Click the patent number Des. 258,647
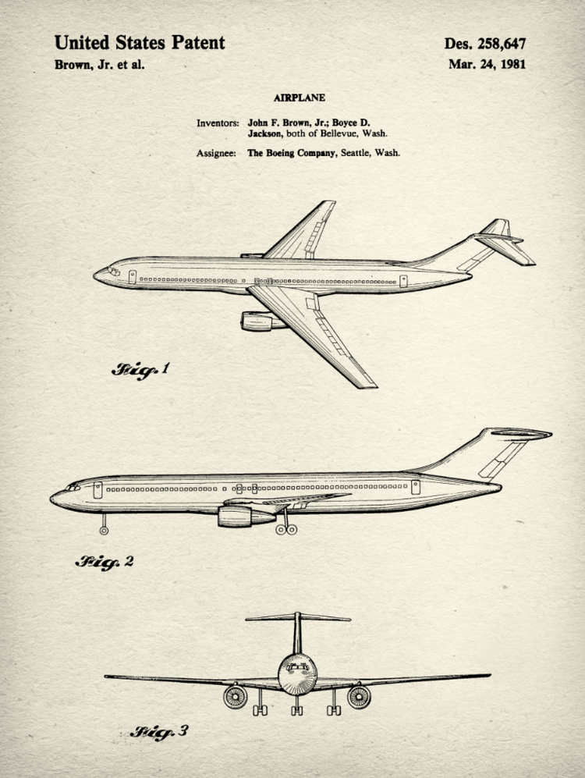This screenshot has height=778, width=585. coord(484,44)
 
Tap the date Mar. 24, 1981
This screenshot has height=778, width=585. coord(486,64)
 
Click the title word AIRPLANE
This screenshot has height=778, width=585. coord(300,98)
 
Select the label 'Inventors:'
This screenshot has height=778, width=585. coord(218,123)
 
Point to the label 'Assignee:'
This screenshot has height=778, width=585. coord(216,153)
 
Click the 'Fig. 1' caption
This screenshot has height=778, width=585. coord(140,369)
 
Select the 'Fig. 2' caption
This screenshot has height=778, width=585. coord(105,561)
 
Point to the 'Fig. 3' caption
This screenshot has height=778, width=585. coord(159,732)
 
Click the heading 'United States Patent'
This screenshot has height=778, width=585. coord(140,43)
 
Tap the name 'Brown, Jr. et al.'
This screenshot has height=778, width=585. coord(99,65)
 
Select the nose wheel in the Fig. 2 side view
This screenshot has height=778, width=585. coord(104,530)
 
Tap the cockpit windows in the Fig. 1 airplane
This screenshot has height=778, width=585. coord(112,271)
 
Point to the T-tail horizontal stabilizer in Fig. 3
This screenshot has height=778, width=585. coord(298,618)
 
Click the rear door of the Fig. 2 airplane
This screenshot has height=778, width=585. coord(416,487)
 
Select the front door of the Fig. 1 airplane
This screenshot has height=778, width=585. coord(133,276)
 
